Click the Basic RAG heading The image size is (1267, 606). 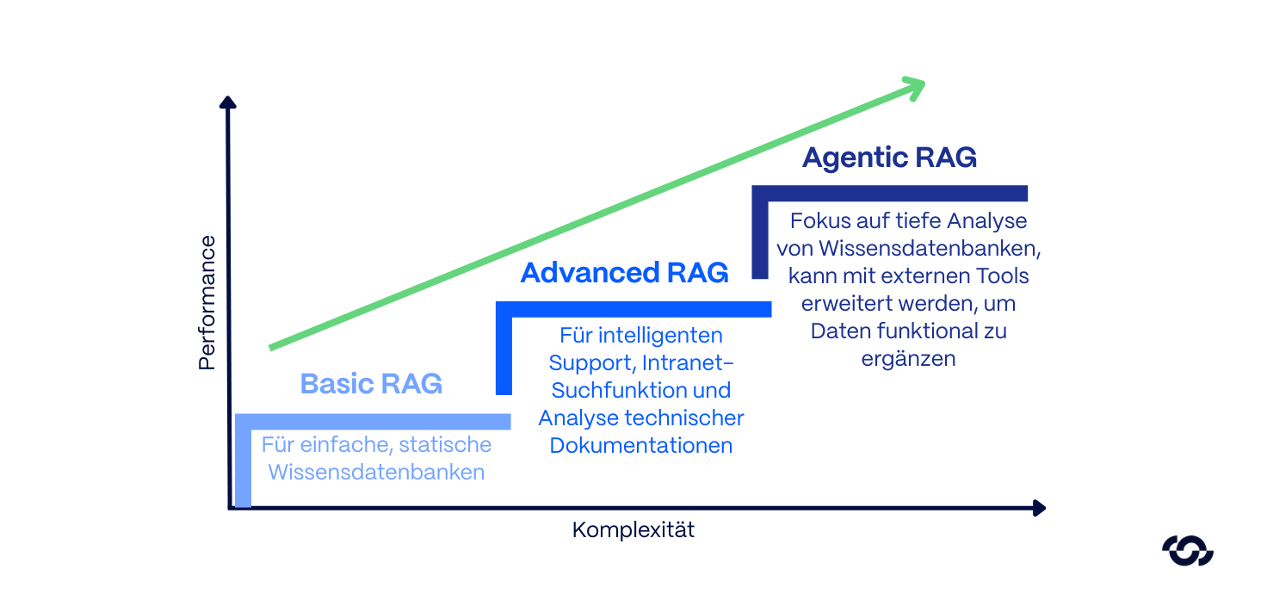tap(371, 383)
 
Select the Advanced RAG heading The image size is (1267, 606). tap(624, 273)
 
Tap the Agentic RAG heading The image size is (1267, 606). tap(889, 158)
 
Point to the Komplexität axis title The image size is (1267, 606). tap(633, 530)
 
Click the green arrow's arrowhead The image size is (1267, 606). tap(914, 85)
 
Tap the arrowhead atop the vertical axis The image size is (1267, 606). tap(228, 103)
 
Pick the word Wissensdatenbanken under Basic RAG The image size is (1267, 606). tap(376, 473)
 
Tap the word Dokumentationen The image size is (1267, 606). tap(641, 445)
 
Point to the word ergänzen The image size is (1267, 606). tap(908, 359)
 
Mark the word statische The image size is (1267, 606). tap(446, 445)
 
